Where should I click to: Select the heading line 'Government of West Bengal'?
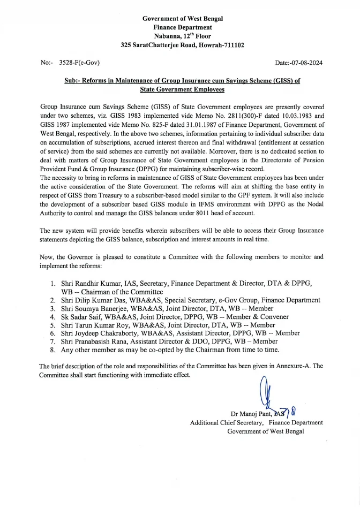(x=183, y=18)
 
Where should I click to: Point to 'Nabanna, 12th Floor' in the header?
(x=183, y=36)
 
